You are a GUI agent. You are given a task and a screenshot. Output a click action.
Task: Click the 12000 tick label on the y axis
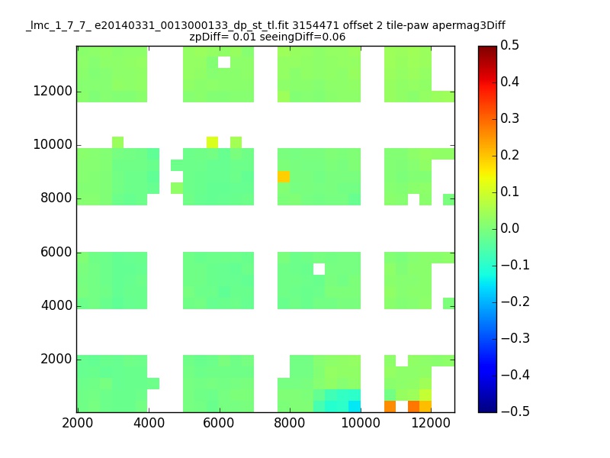click(x=53, y=91)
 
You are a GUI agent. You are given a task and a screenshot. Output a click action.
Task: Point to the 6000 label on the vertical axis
click(x=56, y=252)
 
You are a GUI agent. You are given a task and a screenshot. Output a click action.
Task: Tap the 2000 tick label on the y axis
click(x=56, y=359)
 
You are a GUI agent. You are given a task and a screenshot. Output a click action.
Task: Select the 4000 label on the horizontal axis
click(x=149, y=423)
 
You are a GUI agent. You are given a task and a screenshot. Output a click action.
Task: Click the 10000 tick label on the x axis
click(x=361, y=423)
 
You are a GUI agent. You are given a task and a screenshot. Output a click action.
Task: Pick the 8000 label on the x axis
click(x=290, y=423)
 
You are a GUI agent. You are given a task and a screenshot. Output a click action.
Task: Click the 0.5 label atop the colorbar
click(x=509, y=45)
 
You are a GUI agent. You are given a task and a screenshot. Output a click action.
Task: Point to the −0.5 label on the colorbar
click(x=515, y=411)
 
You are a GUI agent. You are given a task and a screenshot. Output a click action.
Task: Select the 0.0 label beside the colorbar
click(x=509, y=228)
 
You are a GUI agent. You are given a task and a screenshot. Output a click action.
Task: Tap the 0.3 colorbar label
click(x=509, y=118)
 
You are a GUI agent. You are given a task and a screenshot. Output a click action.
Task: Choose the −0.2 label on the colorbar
click(x=515, y=302)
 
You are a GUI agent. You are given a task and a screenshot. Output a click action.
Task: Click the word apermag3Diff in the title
click(x=468, y=26)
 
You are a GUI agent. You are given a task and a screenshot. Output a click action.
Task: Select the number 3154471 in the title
click(x=316, y=25)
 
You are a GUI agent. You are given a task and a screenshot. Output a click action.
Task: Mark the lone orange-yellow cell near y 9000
click(x=284, y=176)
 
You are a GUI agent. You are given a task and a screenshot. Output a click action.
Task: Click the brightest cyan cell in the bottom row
click(x=355, y=406)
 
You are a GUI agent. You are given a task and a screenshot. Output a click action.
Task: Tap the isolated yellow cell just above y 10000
click(x=213, y=142)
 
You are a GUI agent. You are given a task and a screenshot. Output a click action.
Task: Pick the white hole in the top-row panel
click(x=224, y=63)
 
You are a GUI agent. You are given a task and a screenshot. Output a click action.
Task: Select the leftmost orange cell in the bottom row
click(x=390, y=406)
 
